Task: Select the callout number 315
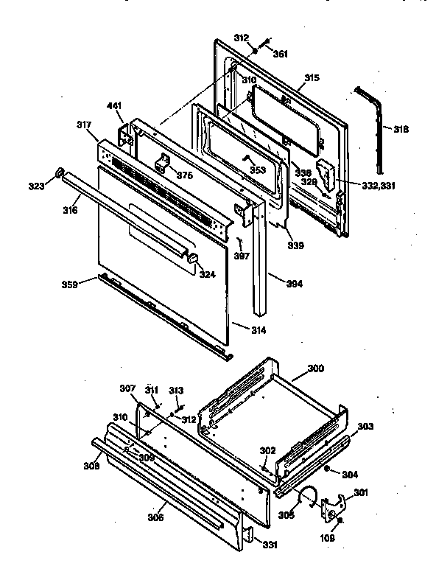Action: pos(312,77)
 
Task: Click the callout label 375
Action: pos(185,175)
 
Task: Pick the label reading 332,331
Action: pos(378,186)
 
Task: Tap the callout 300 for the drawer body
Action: pos(315,368)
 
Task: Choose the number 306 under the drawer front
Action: pos(155,517)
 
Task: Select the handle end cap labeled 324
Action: pos(193,259)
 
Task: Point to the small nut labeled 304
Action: pos(327,469)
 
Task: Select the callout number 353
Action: pos(257,170)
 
